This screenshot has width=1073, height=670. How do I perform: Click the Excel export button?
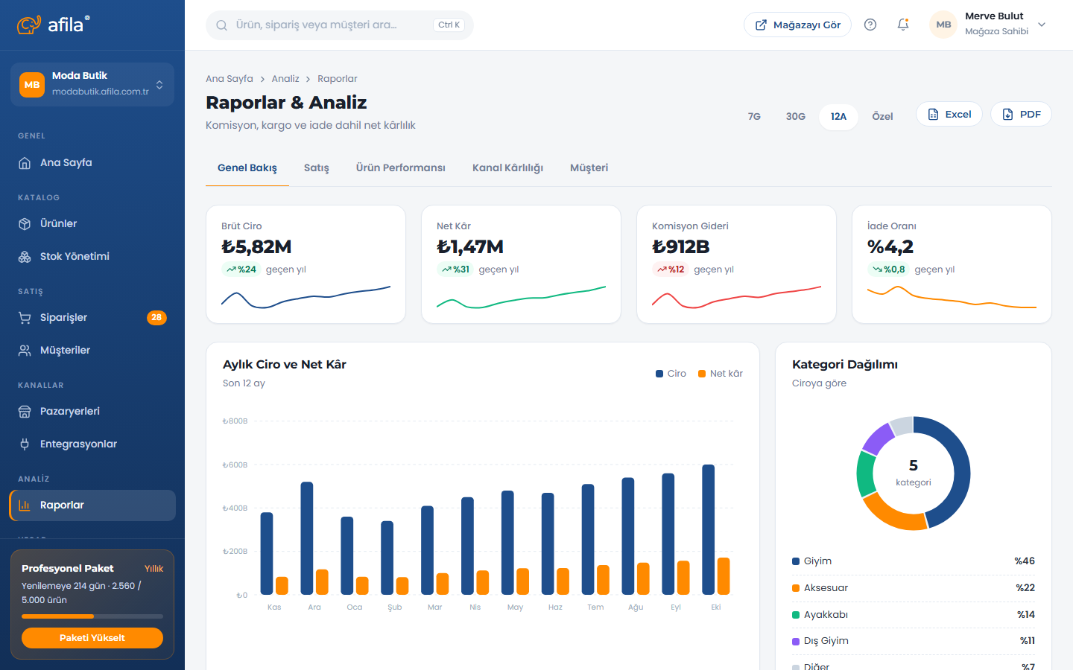click(x=949, y=115)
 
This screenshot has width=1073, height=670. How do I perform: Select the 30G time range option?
click(x=795, y=116)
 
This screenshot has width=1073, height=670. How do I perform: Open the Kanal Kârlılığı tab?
click(x=507, y=168)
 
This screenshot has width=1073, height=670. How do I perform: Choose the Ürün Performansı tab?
click(x=400, y=168)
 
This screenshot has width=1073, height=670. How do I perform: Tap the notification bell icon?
click(x=903, y=25)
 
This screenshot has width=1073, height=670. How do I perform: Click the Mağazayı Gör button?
click(x=797, y=25)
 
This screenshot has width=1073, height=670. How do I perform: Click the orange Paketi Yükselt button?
click(x=92, y=638)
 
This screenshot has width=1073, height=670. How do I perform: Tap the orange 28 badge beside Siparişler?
click(x=156, y=317)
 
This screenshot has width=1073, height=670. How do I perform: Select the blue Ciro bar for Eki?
click(x=708, y=529)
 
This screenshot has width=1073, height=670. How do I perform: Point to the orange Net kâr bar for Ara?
click(x=322, y=582)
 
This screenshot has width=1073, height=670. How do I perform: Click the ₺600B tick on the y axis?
click(x=235, y=465)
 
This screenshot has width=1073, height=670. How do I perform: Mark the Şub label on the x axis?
click(x=395, y=607)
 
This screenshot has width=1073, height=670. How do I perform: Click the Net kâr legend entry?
click(x=720, y=373)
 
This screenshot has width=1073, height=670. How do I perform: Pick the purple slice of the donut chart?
click(x=878, y=438)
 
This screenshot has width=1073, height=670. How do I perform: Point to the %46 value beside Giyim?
click(x=1025, y=561)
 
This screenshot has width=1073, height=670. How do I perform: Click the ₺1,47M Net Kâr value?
click(x=470, y=247)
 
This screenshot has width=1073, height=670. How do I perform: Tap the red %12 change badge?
click(x=670, y=269)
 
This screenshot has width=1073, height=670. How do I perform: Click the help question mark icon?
click(x=870, y=25)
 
